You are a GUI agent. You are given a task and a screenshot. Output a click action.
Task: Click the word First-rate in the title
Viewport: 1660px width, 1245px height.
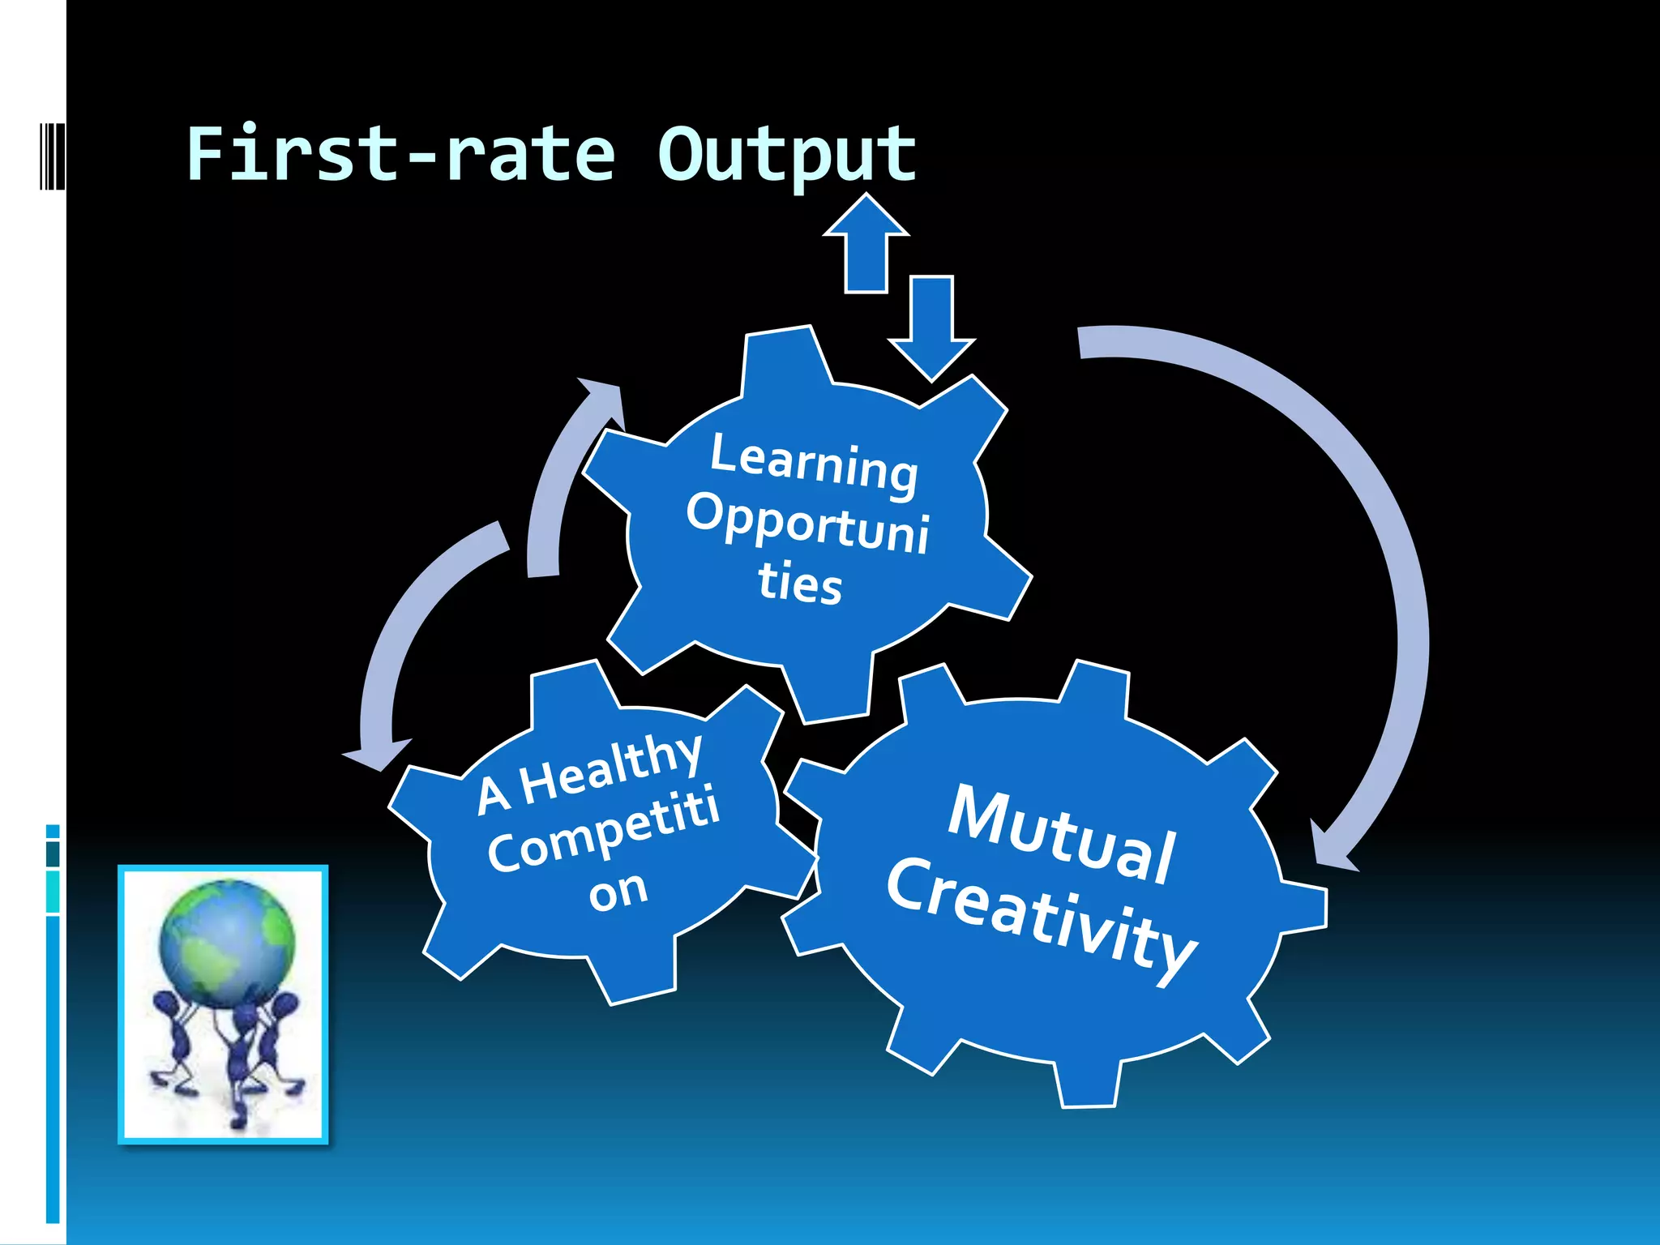tap(400, 154)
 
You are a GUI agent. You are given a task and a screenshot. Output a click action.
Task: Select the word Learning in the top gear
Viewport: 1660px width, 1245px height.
tap(814, 464)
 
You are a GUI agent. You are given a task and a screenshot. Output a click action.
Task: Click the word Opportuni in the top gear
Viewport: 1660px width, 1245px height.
tap(807, 523)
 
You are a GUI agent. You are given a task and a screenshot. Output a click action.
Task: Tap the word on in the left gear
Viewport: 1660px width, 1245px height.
tap(618, 892)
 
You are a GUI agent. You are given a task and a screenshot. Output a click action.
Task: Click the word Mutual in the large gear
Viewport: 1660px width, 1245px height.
tap(1062, 835)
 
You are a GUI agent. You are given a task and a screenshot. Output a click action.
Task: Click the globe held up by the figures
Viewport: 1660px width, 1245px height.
tap(227, 944)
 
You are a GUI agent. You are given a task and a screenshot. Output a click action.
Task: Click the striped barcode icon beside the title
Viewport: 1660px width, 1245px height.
tap(52, 156)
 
